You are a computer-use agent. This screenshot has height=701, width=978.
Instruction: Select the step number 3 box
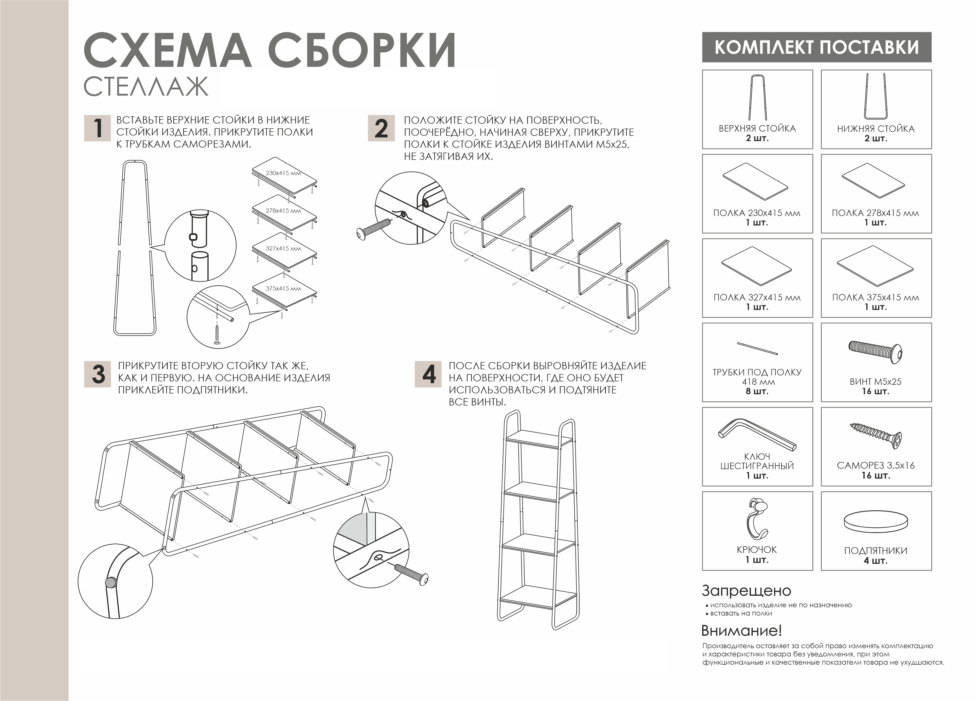point(97,374)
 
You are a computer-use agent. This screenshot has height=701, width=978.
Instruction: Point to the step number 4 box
point(428,374)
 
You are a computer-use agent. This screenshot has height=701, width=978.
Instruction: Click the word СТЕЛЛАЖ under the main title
point(146,87)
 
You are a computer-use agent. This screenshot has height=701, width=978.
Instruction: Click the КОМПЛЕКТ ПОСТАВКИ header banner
point(817,47)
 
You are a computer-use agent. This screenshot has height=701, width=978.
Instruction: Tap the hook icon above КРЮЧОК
point(757,519)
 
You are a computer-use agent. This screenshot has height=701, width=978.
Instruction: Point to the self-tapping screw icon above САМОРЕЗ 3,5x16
point(875,436)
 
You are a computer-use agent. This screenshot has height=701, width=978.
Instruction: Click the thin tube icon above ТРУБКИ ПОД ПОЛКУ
point(757,348)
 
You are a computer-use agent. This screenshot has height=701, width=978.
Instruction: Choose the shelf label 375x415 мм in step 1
point(283,288)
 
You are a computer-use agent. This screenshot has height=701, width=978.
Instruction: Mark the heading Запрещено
point(746,591)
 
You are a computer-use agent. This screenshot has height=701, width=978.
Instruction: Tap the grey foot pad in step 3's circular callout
point(111,583)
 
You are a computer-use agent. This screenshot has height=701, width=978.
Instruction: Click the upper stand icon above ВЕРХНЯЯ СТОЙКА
point(757,97)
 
